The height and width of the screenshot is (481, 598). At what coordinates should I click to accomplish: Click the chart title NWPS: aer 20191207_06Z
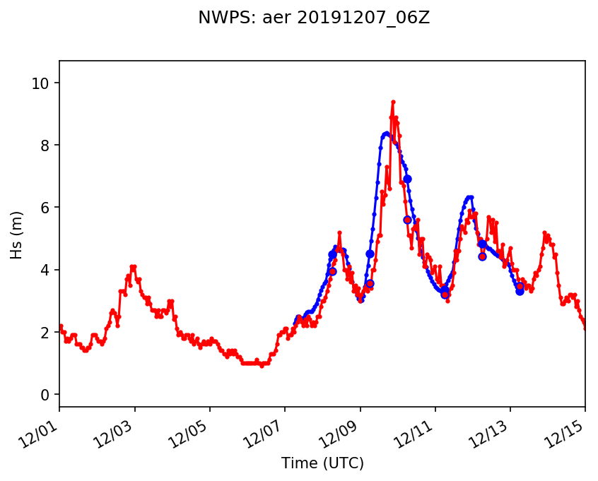click(x=314, y=18)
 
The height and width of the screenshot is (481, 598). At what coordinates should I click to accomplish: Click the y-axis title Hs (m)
click(x=16, y=234)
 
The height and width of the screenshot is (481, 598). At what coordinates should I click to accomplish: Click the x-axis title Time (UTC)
click(x=322, y=463)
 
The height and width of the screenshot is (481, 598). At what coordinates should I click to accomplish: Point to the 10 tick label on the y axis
click(x=43, y=83)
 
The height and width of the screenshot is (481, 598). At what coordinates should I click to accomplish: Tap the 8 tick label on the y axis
click(x=47, y=146)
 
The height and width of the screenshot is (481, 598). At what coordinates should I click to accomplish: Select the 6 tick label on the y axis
click(x=47, y=208)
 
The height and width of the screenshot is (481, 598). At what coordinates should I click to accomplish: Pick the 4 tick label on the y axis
click(x=47, y=270)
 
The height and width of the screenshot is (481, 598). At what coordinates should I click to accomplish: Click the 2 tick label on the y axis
click(x=47, y=332)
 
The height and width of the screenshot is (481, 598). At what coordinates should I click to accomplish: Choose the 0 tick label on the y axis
click(x=47, y=394)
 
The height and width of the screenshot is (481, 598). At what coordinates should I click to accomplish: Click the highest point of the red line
click(x=393, y=102)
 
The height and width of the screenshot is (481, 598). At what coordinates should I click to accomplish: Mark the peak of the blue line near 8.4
click(x=387, y=133)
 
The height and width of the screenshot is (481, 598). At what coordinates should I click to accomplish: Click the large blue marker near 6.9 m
click(x=407, y=179)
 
